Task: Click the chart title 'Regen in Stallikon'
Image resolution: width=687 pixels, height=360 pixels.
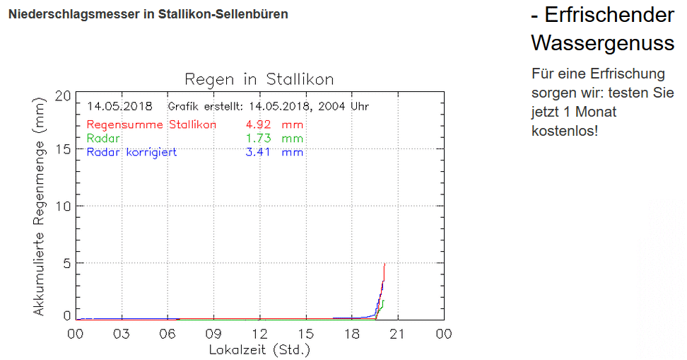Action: [259, 79]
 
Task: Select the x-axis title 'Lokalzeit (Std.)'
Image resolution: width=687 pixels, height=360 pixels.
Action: [259, 349]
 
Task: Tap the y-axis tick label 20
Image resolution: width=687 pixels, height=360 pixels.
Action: [63, 95]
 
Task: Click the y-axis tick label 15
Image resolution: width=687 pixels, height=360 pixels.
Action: [63, 149]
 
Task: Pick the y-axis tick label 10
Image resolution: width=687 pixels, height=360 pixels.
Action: [63, 206]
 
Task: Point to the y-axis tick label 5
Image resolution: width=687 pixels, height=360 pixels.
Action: [67, 262]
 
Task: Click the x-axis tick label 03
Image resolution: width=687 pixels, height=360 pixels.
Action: [122, 334]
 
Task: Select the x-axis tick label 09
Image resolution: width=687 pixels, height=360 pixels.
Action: [214, 334]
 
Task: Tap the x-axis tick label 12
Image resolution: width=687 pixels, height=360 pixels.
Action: [260, 334]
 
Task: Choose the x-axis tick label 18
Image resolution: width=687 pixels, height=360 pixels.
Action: [352, 334]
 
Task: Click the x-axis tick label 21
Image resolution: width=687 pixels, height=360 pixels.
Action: [398, 334]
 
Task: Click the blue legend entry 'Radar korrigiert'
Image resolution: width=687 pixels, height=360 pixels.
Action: [131, 151]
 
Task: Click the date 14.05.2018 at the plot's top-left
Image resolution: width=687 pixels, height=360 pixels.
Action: [119, 106]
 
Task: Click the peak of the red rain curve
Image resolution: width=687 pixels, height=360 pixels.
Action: [384, 264]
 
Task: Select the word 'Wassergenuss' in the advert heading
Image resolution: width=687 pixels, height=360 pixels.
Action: [602, 43]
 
